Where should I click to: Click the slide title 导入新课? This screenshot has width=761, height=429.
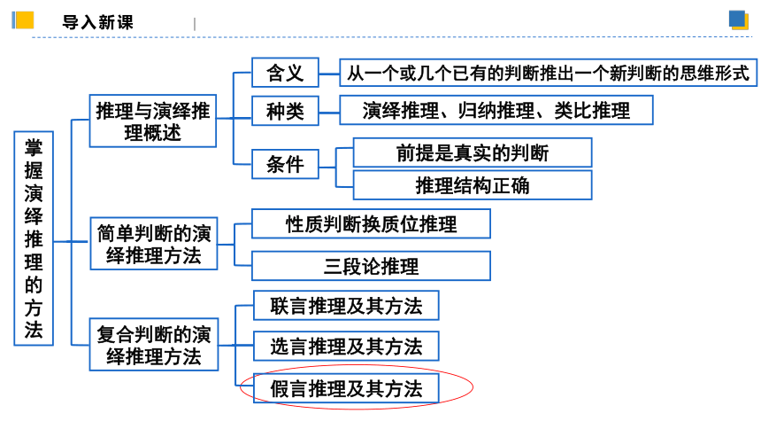(97, 22)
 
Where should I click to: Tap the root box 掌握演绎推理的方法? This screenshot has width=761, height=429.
(34, 238)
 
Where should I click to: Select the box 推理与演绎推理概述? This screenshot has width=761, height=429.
(153, 121)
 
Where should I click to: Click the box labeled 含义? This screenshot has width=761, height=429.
(285, 73)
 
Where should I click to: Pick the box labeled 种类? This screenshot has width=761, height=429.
(285, 111)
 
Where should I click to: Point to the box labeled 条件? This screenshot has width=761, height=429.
(285, 164)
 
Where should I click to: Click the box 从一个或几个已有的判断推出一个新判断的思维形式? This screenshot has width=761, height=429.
(548, 73)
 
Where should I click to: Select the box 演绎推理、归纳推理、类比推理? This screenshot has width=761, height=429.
(496, 111)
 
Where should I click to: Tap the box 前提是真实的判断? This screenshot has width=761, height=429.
(473, 152)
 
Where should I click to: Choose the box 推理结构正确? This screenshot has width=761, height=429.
(473, 185)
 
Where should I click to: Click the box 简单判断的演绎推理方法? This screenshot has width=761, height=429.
(154, 244)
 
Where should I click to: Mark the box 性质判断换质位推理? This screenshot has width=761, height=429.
(371, 223)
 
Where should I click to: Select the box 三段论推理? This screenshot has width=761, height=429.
(371, 266)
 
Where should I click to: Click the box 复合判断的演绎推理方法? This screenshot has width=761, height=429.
(154, 345)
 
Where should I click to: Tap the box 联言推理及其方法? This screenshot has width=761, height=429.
(346, 306)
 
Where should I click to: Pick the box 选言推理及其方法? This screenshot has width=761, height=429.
(346, 347)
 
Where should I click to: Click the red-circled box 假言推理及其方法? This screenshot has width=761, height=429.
(346, 388)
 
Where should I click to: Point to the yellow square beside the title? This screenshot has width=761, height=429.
(25, 20)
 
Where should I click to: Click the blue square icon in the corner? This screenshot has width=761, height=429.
(738, 19)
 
